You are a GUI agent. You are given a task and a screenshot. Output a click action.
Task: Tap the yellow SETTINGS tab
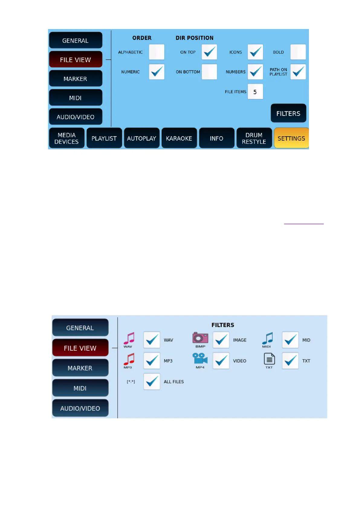point(291,138)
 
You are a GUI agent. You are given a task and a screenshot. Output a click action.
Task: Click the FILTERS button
point(288,113)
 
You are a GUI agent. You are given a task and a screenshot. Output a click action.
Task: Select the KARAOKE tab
point(179,138)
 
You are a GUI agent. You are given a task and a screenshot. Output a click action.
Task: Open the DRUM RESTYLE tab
point(254,138)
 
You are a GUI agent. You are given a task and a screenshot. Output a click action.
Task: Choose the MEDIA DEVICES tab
point(66,138)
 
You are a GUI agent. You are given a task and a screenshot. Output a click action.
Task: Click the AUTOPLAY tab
point(141,138)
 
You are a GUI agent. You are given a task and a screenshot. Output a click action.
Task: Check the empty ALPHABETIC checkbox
point(157,52)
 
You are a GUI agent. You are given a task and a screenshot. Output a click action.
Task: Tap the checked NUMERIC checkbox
point(157,72)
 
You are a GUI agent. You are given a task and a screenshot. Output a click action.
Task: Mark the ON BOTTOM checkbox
point(209,72)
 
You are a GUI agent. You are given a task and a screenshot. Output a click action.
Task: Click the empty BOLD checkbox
point(298,52)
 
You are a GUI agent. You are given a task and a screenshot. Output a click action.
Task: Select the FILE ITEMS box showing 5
point(255,92)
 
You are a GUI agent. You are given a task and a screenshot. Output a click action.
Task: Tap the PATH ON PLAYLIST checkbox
point(298,72)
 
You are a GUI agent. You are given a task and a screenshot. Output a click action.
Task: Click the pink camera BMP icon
point(200,338)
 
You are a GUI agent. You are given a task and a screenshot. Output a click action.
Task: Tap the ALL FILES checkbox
point(152,381)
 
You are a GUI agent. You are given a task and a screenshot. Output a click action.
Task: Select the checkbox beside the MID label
point(290,340)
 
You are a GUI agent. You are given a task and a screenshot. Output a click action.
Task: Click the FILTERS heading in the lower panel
point(223,325)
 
